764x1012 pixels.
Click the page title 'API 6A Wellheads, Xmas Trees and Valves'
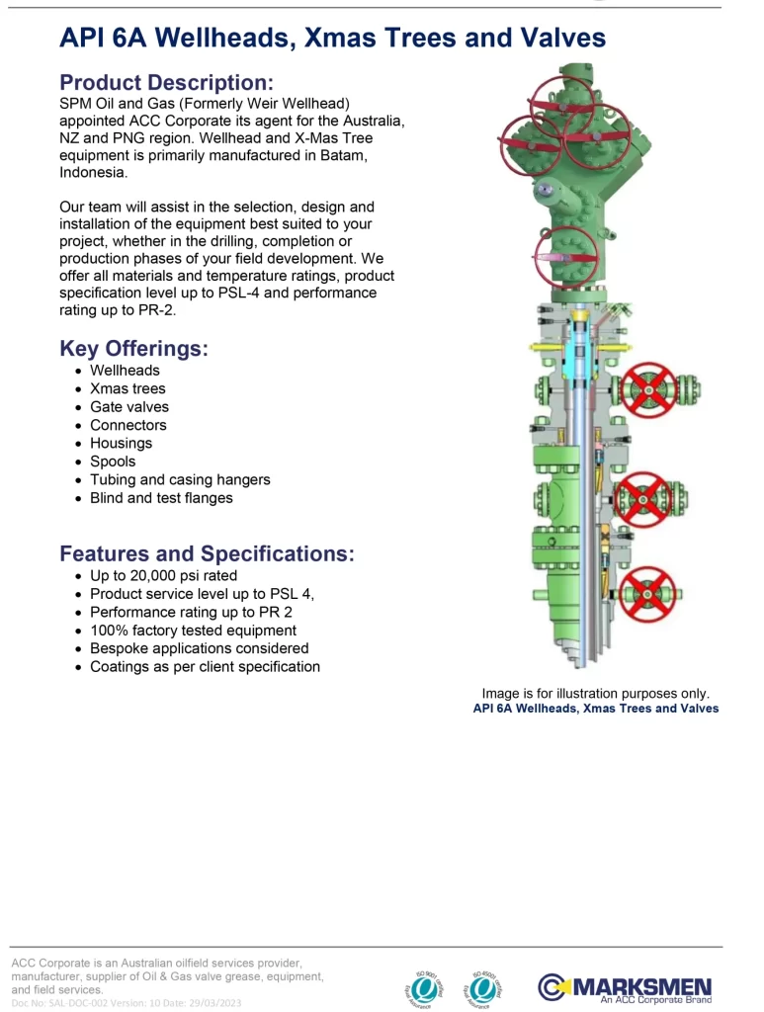tap(332, 38)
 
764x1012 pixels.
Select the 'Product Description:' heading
tap(166, 82)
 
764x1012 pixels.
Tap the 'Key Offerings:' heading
tap(134, 348)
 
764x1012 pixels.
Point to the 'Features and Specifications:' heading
tap(207, 553)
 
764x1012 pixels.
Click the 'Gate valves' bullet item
tap(129, 407)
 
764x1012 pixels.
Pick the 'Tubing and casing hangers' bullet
tap(180, 479)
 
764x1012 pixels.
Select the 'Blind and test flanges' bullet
tap(161, 498)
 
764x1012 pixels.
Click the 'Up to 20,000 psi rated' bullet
tap(163, 575)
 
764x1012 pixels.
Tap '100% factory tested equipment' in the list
tap(193, 631)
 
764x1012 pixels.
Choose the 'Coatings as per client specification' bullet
tap(205, 667)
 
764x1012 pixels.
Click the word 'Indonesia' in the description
tap(92, 172)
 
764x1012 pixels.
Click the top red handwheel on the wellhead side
tap(649, 388)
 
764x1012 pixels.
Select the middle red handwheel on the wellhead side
tap(643, 498)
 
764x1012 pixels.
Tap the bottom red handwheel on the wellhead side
tap(647, 592)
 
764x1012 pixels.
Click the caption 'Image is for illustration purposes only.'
tap(595, 694)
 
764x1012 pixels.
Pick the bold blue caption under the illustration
tap(595, 709)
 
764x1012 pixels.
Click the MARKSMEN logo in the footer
tap(625, 987)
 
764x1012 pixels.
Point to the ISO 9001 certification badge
tap(425, 985)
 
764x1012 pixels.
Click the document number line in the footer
tap(127, 1003)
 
